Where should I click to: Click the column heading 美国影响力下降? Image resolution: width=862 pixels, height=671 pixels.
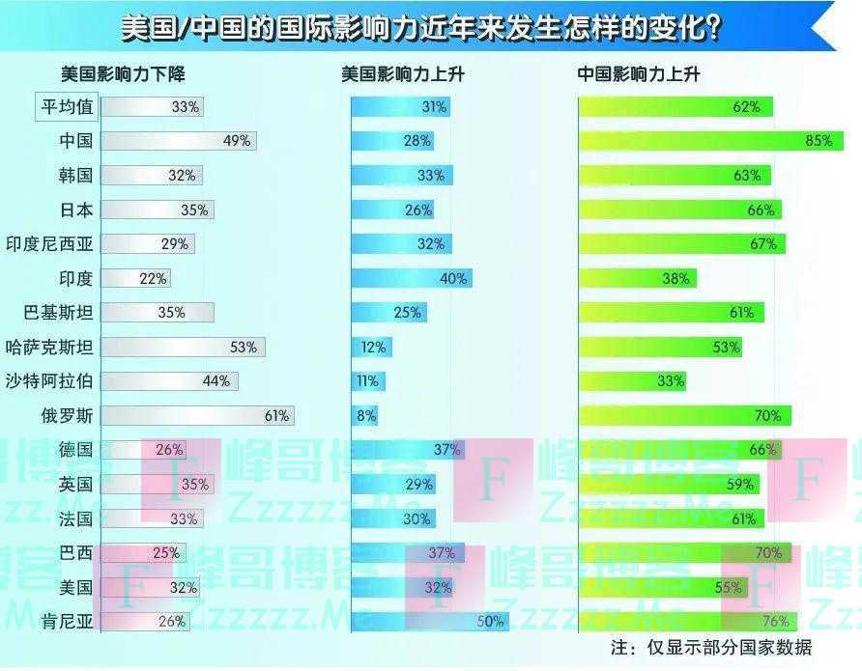pyautogui.click(x=123, y=74)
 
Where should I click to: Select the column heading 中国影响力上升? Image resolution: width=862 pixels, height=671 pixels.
pyautogui.click(x=639, y=74)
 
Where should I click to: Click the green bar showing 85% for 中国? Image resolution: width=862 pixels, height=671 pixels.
pyautogui.click(x=710, y=141)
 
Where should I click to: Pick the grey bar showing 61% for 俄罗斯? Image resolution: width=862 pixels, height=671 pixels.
pyautogui.click(x=197, y=415)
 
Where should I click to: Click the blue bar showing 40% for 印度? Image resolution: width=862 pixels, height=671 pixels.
pyautogui.click(x=411, y=278)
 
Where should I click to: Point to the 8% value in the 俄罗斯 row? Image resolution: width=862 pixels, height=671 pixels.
pyautogui.click(x=366, y=415)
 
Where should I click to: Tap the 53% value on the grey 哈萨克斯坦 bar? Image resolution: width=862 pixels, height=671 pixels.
pyautogui.click(x=244, y=347)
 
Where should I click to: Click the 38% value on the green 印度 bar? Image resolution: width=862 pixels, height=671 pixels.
pyautogui.click(x=676, y=278)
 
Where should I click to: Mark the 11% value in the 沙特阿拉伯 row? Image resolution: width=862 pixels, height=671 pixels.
pyautogui.click(x=367, y=380)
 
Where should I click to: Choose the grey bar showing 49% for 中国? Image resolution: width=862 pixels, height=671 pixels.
pyautogui.click(x=179, y=141)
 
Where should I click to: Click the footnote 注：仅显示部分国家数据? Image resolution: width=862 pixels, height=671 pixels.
pyautogui.click(x=711, y=647)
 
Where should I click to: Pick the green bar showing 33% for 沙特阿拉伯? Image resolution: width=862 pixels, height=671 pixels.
pyautogui.click(x=632, y=380)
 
